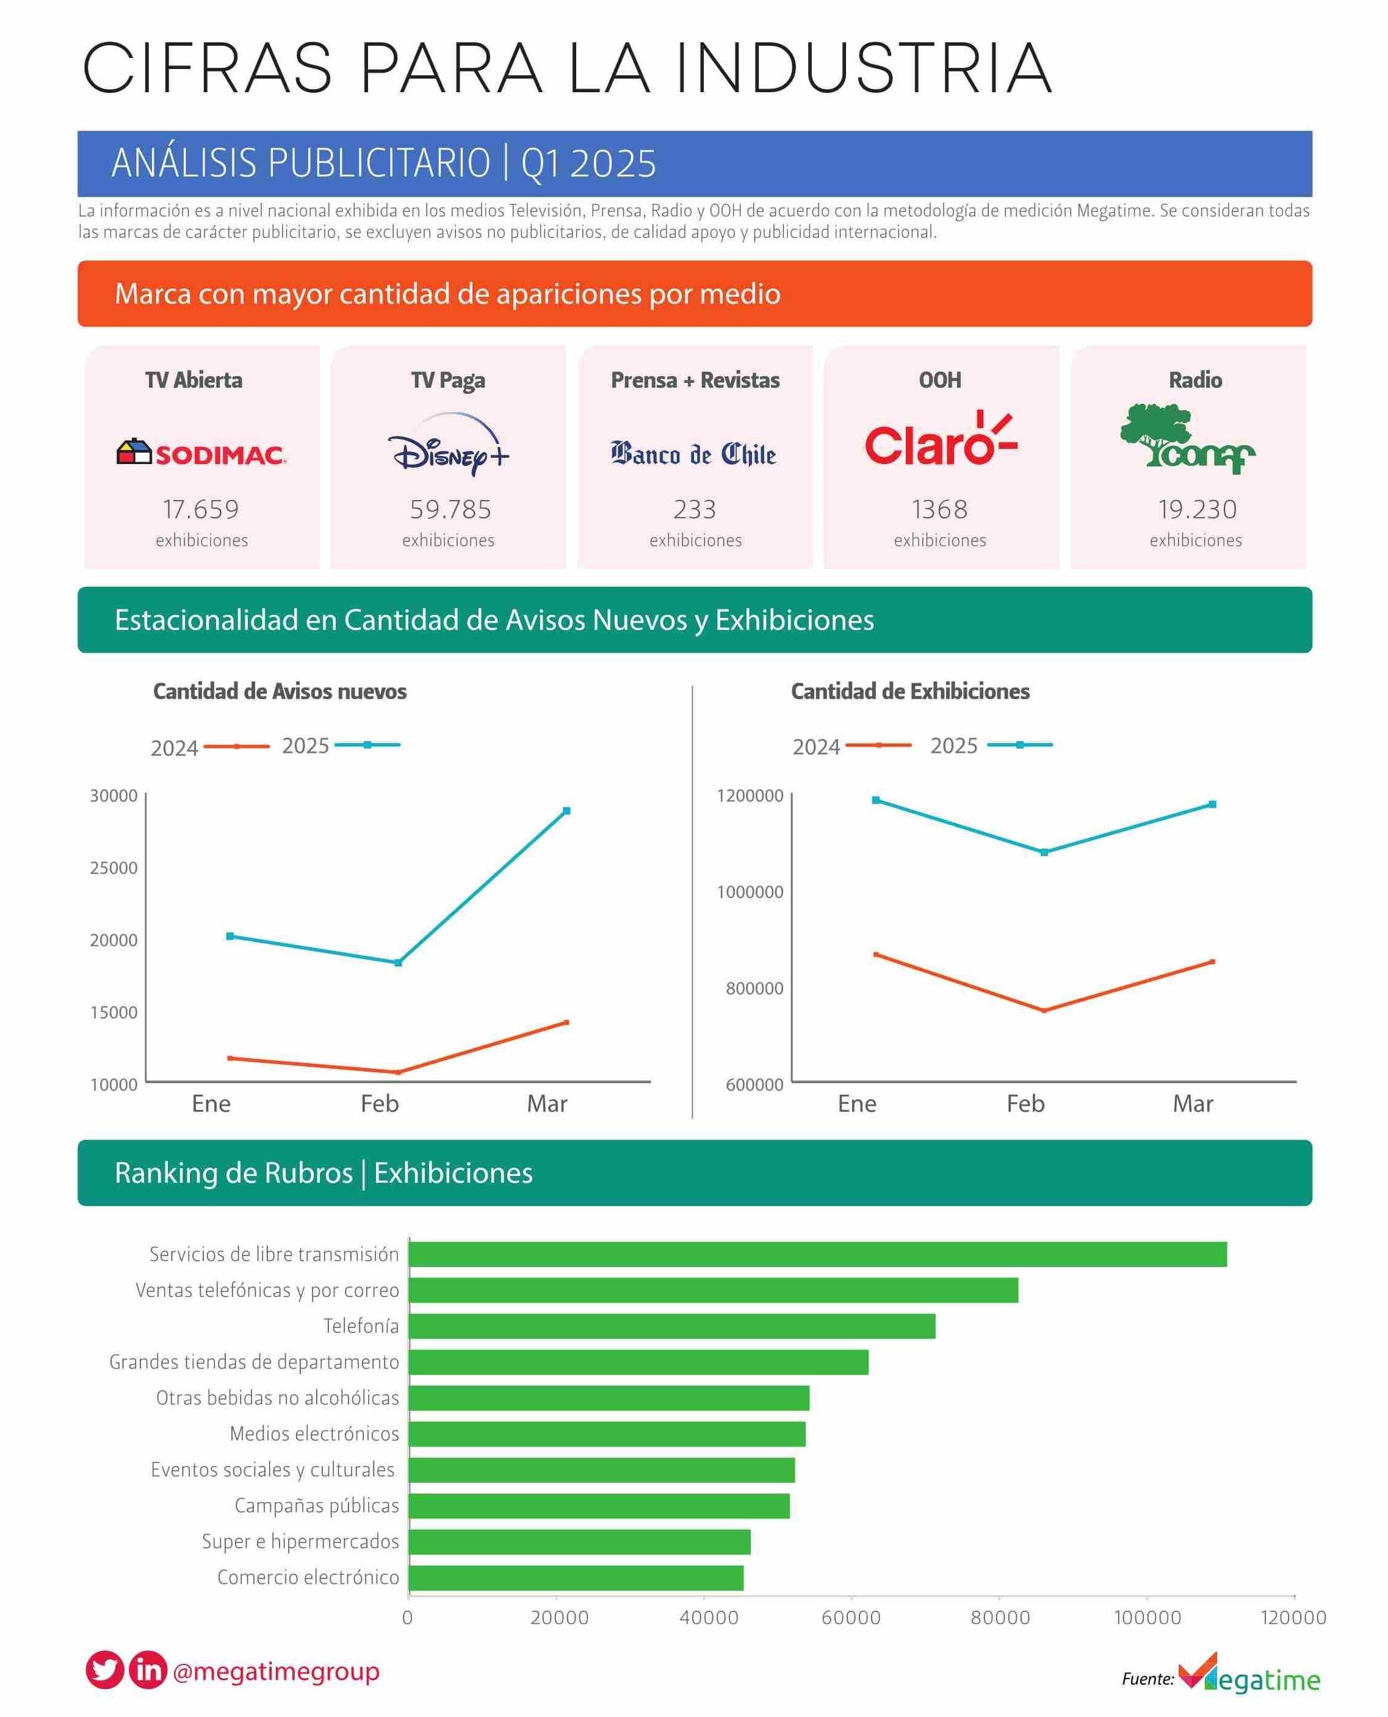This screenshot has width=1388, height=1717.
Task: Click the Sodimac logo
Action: (x=201, y=454)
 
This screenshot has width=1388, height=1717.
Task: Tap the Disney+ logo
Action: (x=448, y=446)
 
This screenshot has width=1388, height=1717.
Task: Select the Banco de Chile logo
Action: (x=694, y=454)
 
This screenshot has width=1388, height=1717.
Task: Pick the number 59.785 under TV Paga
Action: (x=450, y=509)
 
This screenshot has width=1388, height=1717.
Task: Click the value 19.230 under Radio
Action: (x=1197, y=509)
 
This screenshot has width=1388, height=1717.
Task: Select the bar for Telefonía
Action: (x=671, y=1327)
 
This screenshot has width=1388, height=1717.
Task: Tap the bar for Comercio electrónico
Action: (x=576, y=1578)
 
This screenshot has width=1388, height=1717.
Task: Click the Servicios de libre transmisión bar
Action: (x=817, y=1255)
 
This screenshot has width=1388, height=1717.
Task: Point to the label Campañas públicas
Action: (x=317, y=1506)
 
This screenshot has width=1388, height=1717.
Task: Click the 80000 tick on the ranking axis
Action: (x=999, y=1618)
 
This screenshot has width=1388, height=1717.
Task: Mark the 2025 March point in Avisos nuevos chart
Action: (x=567, y=811)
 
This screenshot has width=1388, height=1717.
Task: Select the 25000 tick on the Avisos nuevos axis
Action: (x=114, y=868)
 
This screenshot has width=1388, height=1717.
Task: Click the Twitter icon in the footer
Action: (x=105, y=1671)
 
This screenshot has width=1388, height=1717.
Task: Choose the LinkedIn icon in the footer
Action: (x=148, y=1671)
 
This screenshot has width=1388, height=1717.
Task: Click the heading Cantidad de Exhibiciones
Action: (x=910, y=692)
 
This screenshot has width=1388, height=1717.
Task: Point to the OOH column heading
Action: (x=940, y=380)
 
